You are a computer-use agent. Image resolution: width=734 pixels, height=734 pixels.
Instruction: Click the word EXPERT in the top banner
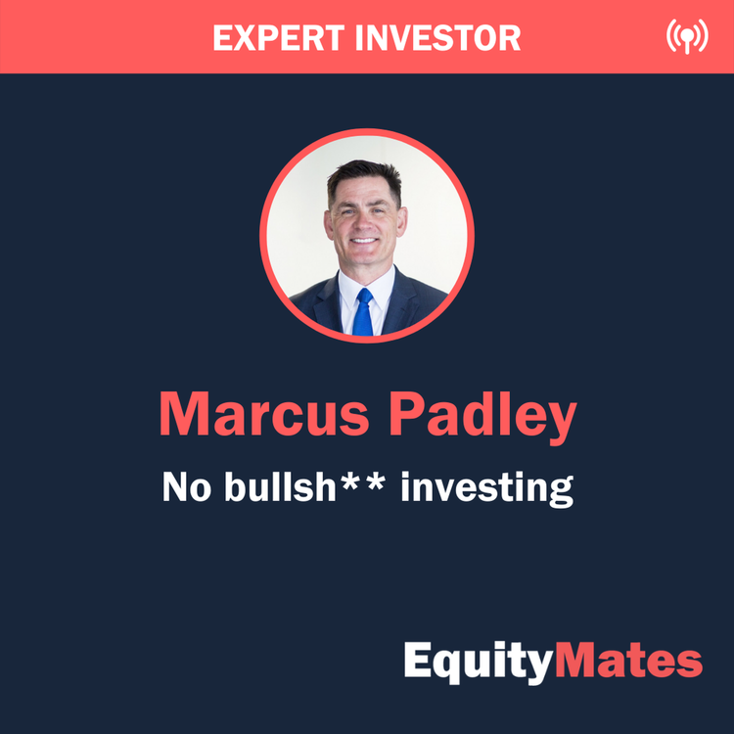coord(269,37)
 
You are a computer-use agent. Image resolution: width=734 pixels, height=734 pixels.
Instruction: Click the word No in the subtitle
coord(183,486)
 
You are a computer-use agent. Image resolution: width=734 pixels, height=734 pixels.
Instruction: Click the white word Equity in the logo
coord(479,663)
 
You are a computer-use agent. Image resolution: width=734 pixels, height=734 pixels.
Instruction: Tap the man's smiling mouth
coord(365,241)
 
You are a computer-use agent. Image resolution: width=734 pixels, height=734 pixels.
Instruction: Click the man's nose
coord(365,220)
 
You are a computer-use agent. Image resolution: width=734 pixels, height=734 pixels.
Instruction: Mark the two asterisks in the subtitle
coord(370,481)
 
